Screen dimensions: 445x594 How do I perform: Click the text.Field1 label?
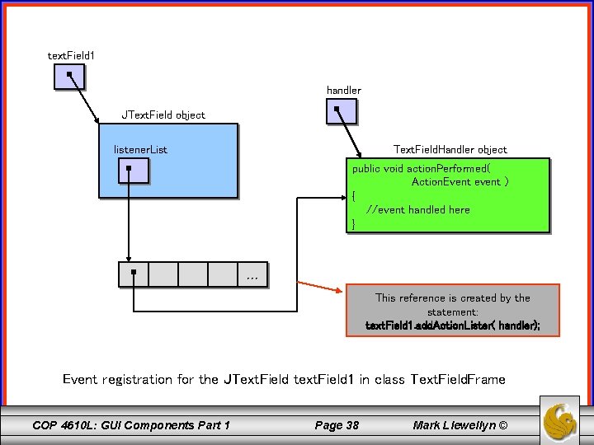(x=71, y=55)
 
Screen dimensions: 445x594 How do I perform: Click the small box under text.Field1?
(x=70, y=77)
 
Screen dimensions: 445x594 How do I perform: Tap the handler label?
(x=343, y=90)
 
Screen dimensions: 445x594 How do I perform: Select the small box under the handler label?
(x=342, y=110)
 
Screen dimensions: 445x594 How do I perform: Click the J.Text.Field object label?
(x=163, y=115)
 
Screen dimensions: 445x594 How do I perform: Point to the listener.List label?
(x=140, y=150)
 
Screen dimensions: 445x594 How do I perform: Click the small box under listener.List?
(x=133, y=170)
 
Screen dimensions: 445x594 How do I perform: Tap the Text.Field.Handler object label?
(x=450, y=149)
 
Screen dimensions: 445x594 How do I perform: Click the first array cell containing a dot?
(x=134, y=274)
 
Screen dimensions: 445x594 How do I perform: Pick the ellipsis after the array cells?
(x=252, y=277)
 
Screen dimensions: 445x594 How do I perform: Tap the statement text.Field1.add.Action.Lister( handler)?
(x=453, y=326)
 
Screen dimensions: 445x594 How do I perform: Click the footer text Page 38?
(x=337, y=425)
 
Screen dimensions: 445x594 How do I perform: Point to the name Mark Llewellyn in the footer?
(x=454, y=425)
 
